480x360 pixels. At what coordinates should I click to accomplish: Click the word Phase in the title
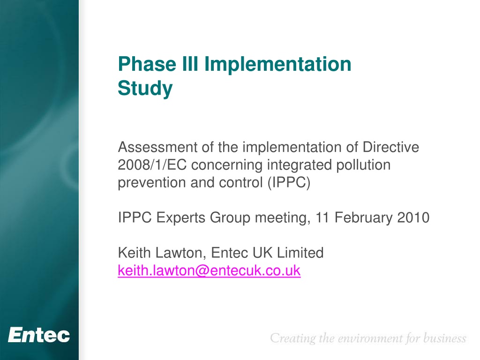point(147,64)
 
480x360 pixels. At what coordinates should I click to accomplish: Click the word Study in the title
point(145,89)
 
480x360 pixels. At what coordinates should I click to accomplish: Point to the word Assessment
point(157,147)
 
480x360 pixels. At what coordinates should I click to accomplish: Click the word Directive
point(390,147)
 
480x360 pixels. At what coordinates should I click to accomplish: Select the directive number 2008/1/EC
point(152,165)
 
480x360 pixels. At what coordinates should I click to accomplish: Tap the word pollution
point(363,165)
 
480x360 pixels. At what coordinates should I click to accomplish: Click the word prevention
point(152,183)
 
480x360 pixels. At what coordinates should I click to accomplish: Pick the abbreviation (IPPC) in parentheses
point(289,183)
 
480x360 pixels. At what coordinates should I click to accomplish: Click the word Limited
point(300,253)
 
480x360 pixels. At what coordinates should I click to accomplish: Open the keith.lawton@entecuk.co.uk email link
point(209,271)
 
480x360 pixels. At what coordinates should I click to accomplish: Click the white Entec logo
point(39,335)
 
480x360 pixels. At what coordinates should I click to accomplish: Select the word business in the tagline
point(444,338)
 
